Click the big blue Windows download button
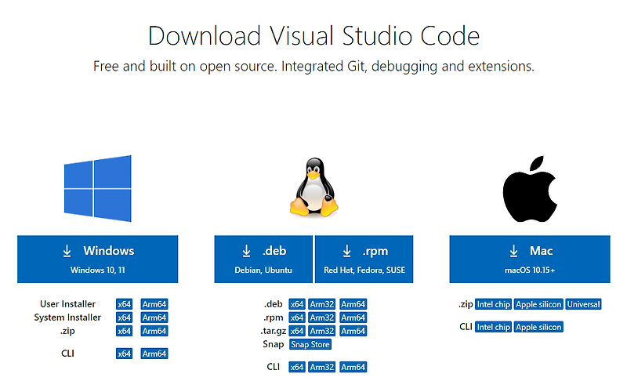(97, 259)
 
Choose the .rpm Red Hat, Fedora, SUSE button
(364, 259)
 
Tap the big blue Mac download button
(530, 259)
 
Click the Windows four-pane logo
(97, 189)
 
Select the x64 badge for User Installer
(124, 304)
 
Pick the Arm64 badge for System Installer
(154, 318)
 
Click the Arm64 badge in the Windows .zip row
(154, 331)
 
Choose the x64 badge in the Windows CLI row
(124, 354)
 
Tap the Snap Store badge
(310, 344)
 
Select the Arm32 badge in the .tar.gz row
(322, 331)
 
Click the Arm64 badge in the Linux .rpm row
(353, 318)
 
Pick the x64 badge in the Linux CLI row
(297, 367)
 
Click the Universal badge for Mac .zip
(583, 304)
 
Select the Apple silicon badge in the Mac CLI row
(539, 327)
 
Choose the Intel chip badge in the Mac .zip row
(493, 304)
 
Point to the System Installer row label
(67, 318)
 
